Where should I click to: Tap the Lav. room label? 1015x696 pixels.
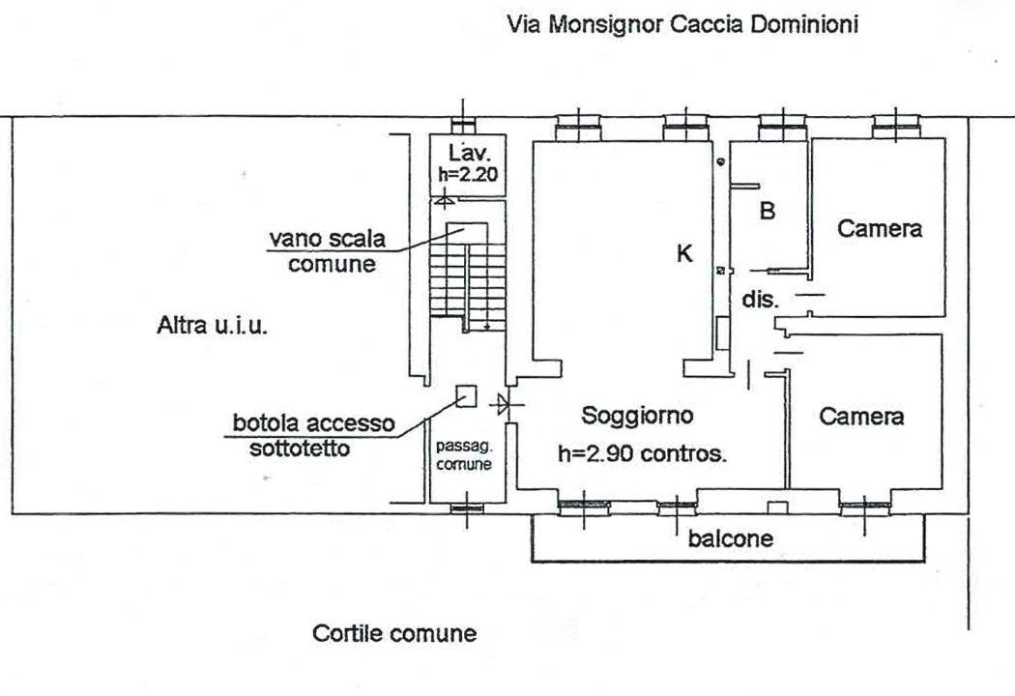tap(468, 153)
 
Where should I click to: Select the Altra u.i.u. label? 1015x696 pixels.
tap(212, 327)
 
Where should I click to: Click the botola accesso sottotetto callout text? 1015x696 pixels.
tap(313, 435)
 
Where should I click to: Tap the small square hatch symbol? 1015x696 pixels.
tap(466, 396)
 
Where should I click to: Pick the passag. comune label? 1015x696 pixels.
tap(465, 454)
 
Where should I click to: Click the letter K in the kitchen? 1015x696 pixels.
tap(683, 254)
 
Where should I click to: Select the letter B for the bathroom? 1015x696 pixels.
tap(767, 211)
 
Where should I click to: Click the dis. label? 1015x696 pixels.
tap(760, 300)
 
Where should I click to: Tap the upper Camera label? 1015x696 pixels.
tap(879, 229)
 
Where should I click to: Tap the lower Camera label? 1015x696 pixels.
tap(861, 417)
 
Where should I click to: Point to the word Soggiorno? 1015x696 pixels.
tap(637, 417)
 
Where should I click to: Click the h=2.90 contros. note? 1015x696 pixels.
tap(642, 453)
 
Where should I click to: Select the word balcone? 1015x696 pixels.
tap(730, 538)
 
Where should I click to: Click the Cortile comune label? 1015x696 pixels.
tap(394, 634)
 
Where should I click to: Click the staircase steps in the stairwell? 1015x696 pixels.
tap(468, 280)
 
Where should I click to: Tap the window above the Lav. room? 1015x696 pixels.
tap(465, 125)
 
